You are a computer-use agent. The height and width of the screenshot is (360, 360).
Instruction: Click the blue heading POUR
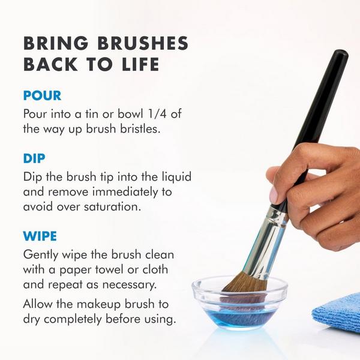pos(42,95)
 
